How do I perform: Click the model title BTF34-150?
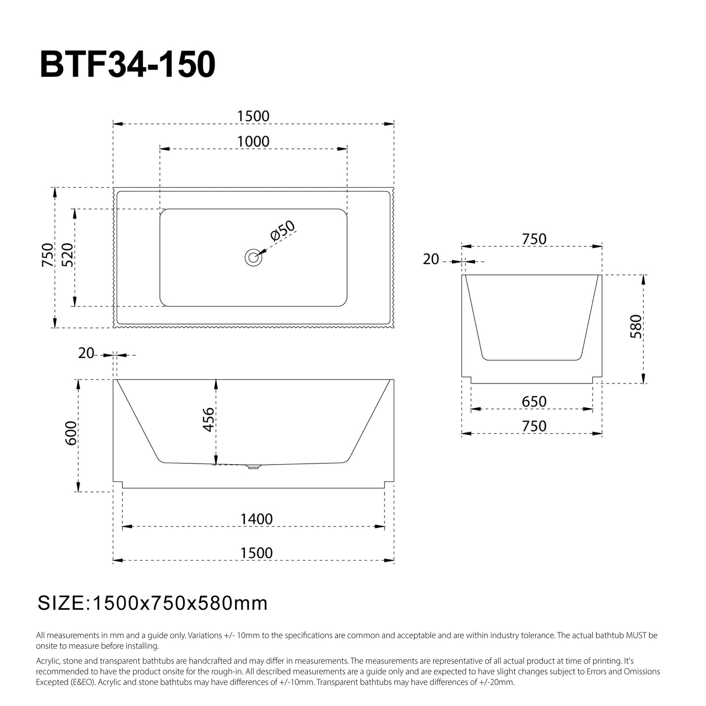127,65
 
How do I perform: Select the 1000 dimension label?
253,141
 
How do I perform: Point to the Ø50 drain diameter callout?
282,230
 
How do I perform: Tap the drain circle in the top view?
253,257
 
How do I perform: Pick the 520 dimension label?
67,255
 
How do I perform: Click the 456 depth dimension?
208,419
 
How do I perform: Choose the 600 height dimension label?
71,433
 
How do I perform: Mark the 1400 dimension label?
257,519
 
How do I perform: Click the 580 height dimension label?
636,326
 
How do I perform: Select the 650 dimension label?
534,401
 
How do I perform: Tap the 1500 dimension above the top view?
253,116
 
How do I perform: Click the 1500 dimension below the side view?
257,553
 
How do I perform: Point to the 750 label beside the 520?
47,255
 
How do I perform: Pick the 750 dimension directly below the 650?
534,426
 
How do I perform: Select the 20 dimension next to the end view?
431,259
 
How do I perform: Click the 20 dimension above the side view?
86,353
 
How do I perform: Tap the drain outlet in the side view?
253,467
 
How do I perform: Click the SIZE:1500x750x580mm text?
153,603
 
